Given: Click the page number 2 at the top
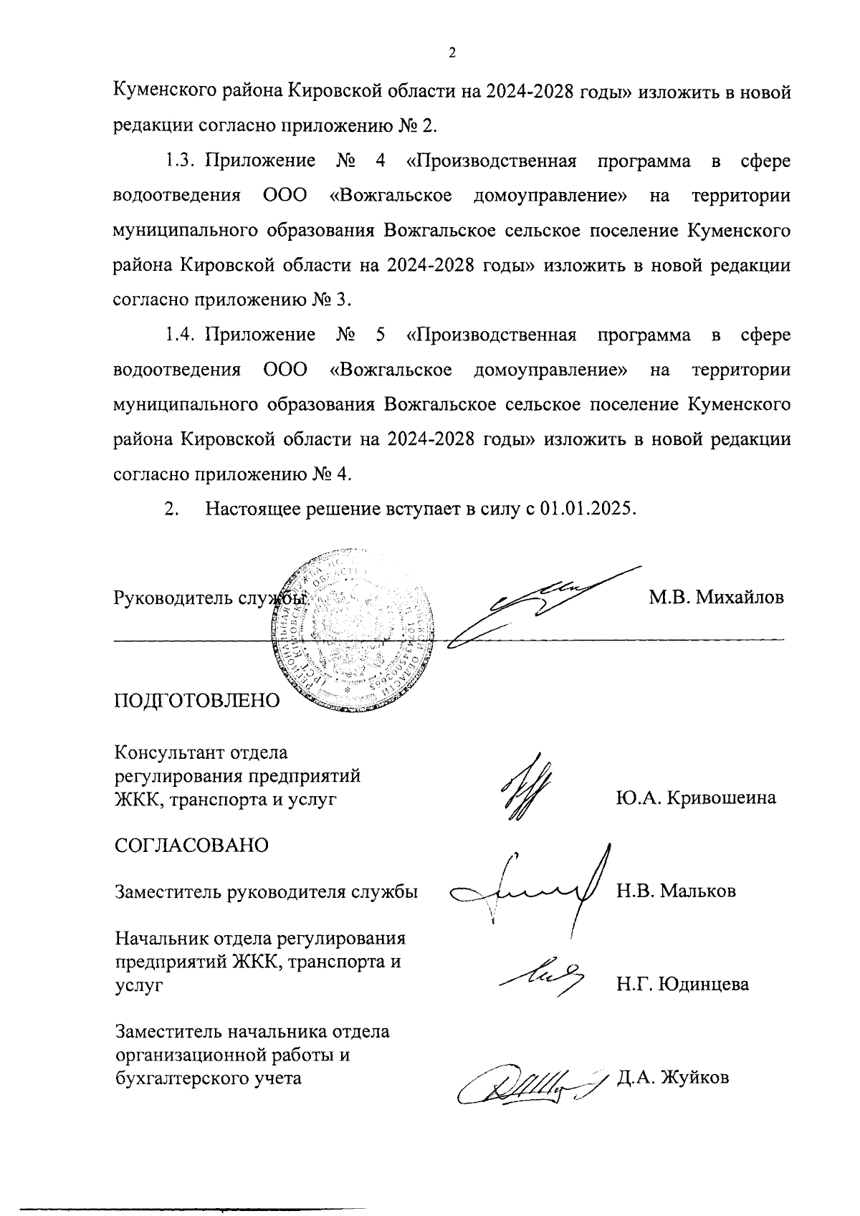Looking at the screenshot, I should click(x=451, y=54).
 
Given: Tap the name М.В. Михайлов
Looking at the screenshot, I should click(x=716, y=597).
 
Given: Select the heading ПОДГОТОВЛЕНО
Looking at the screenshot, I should click(x=197, y=700).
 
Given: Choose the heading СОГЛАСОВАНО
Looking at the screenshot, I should click(x=191, y=845).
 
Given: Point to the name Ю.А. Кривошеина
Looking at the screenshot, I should click(x=695, y=798).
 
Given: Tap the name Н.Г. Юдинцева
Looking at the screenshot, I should click(x=682, y=984).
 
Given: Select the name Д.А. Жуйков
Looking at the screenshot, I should click(x=673, y=1077).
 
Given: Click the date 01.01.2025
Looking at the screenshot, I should click(x=588, y=509).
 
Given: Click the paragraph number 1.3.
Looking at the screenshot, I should click(x=181, y=161).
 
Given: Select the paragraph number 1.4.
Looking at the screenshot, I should click(x=181, y=335).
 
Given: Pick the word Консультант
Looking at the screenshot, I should click(x=170, y=753).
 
